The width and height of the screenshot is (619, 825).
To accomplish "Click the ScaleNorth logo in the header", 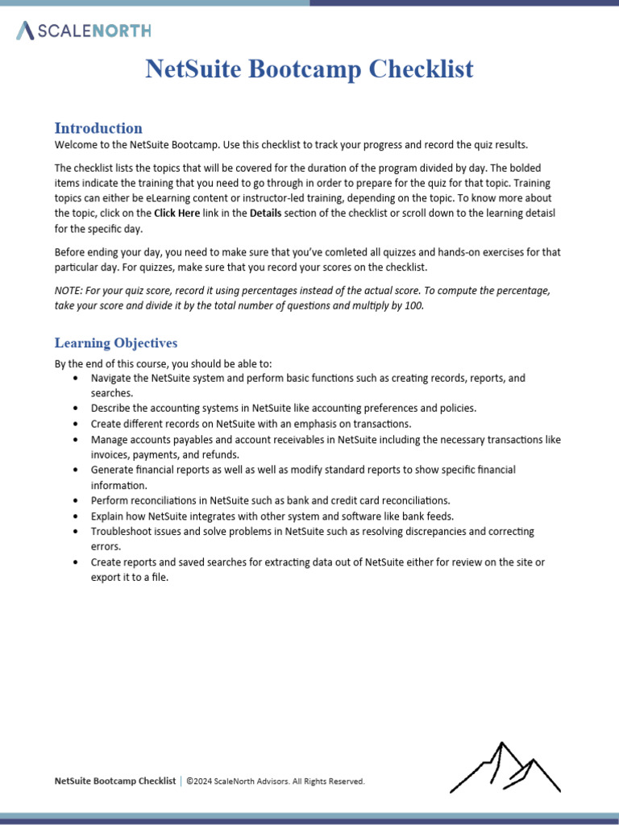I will [83, 31].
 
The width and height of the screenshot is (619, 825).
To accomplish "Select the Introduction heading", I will [98, 128].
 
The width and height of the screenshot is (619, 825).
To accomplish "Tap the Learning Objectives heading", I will [116, 343].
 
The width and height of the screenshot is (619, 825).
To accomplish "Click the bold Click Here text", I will [177, 214].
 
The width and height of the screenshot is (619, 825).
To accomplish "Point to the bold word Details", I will [267, 214].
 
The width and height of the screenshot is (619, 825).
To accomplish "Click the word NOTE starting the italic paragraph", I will [69, 290].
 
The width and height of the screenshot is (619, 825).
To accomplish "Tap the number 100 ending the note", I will [413, 305].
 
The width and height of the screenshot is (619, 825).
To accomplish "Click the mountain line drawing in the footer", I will [505, 768].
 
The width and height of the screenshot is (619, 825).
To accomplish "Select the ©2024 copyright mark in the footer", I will [201, 781].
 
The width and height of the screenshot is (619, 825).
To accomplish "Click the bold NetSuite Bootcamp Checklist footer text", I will [114, 781].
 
